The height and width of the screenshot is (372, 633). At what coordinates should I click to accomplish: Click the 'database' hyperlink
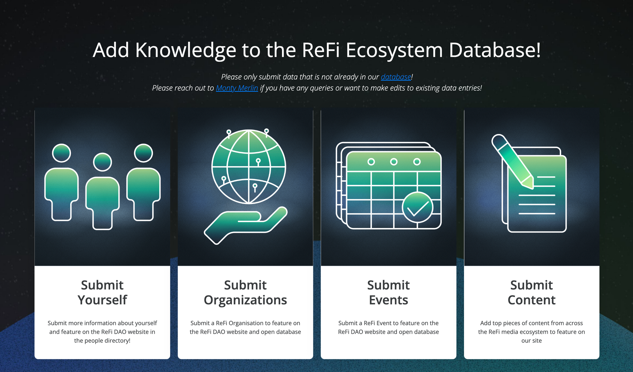coord(396,77)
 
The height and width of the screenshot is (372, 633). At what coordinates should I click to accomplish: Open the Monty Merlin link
coord(237,88)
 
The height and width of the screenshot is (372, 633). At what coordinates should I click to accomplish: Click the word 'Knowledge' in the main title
coord(186,50)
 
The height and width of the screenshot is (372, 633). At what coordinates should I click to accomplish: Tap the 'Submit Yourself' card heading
coord(102,292)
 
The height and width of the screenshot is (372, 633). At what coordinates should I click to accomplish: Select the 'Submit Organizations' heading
coord(245,292)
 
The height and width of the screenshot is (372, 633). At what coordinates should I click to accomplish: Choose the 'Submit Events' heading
coord(388,292)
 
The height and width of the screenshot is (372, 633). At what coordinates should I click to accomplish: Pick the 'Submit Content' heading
coord(531,292)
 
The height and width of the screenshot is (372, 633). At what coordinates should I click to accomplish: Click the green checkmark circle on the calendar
coord(417,208)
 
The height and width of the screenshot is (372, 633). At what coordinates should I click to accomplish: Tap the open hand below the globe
coord(246,225)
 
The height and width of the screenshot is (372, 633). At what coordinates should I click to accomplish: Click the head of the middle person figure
coord(102,162)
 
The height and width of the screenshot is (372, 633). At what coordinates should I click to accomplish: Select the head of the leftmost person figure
coord(61,153)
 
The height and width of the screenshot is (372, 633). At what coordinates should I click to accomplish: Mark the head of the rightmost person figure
coord(143,153)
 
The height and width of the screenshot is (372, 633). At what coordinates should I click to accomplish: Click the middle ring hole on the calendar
coord(394,162)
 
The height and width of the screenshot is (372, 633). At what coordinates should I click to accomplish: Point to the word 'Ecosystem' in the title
coord(394,50)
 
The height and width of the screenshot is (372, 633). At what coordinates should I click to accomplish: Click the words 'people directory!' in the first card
coord(102,341)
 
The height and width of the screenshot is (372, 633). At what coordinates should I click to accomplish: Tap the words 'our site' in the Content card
coord(532,341)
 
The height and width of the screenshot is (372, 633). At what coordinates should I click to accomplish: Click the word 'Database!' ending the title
coord(495,50)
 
